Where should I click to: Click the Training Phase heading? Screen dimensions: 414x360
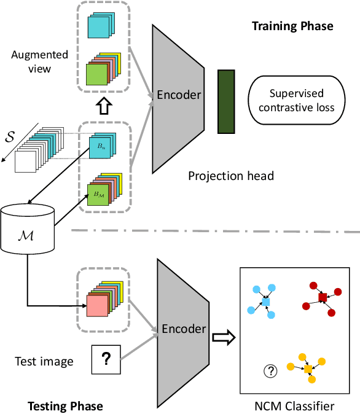point(292,26)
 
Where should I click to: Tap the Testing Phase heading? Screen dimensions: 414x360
point(65,406)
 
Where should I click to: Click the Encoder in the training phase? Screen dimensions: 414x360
point(179,95)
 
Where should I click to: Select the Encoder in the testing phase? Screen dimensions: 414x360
point(184,329)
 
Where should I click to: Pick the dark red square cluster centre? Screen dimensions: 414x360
point(323,298)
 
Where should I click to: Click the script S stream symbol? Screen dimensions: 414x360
point(9,135)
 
